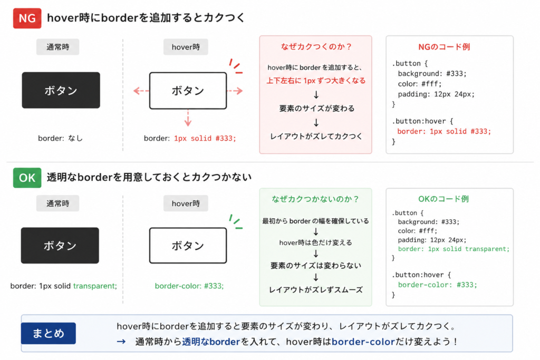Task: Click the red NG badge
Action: [x=27, y=18]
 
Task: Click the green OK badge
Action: [x=27, y=178]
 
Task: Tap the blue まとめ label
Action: [x=49, y=333]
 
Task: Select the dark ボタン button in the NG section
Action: [x=61, y=90]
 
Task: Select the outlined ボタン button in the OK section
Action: [x=188, y=246]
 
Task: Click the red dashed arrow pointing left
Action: [x=141, y=91]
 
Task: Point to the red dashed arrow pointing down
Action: [x=188, y=118]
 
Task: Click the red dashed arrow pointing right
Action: [x=235, y=91]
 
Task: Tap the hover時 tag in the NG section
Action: [x=186, y=47]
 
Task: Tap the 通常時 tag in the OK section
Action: [x=58, y=203]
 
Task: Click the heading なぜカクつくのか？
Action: [x=316, y=46]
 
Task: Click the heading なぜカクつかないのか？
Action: [x=315, y=199]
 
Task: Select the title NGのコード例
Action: [x=444, y=47]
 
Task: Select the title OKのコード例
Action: [x=443, y=199]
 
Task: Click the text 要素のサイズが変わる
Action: [x=316, y=109]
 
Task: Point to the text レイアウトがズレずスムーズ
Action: [x=316, y=290]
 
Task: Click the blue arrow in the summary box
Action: [x=121, y=342]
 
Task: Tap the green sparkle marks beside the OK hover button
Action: [x=236, y=222]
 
